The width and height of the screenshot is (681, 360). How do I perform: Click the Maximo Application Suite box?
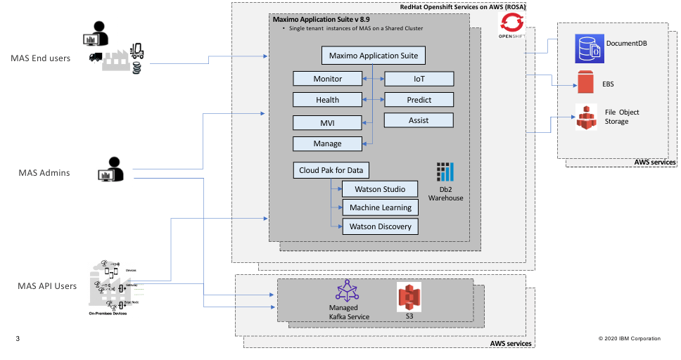tap(374, 55)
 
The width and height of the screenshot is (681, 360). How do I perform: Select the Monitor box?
tap(328, 78)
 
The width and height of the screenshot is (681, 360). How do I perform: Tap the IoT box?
tap(419, 78)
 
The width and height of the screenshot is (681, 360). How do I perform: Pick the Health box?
tap(328, 100)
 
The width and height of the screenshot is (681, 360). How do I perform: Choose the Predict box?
tap(419, 100)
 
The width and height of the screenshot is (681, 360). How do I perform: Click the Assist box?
tap(419, 120)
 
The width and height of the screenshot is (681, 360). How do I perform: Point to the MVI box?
tap(328, 123)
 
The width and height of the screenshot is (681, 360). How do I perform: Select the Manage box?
tap(328, 143)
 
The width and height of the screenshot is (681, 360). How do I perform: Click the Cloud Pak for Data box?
tap(331, 170)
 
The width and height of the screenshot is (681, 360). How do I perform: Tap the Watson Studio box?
tap(379, 189)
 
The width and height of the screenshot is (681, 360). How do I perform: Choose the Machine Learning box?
tap(379, 207)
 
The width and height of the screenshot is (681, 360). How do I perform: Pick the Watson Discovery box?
tap(379, 226)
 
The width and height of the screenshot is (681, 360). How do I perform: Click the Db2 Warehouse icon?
tap(446, 173)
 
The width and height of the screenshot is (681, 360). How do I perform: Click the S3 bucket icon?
tap(409, 297)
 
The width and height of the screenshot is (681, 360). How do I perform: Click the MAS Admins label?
tap(44, 172)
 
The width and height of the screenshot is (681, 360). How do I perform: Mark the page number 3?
tap(18, 339)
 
